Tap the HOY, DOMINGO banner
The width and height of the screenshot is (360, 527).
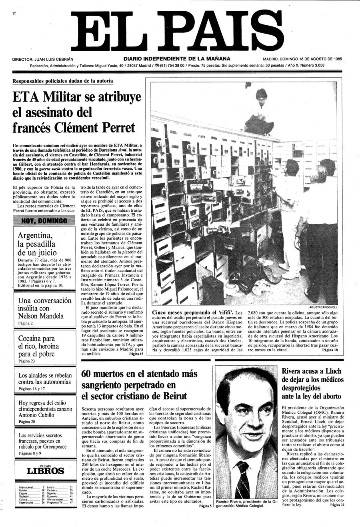[44, 220]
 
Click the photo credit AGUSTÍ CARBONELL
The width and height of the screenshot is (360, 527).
[323, 307]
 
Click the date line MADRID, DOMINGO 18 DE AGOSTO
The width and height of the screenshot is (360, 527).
[302, 59]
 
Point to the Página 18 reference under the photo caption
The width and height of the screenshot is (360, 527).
[330, 350]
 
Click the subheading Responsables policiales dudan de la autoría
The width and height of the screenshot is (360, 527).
[62, 81]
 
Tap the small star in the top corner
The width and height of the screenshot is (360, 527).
[14, 13]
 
